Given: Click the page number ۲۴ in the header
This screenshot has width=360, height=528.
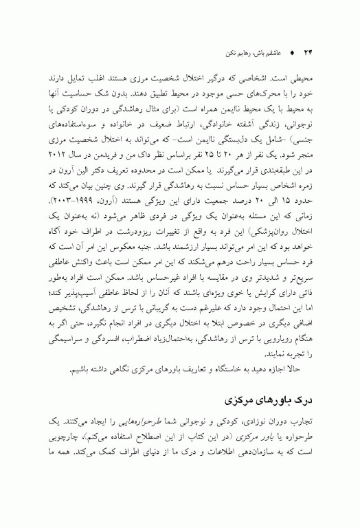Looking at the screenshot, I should point(308,52).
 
